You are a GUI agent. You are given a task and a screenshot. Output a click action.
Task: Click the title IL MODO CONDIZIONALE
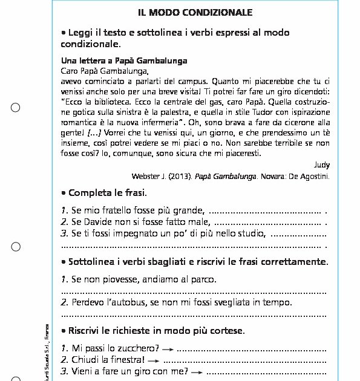195,13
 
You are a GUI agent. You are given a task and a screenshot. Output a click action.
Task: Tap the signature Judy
322,164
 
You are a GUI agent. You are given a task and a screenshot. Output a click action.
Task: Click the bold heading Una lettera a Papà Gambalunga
124,61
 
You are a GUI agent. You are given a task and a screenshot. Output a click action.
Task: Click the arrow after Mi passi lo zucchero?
168,350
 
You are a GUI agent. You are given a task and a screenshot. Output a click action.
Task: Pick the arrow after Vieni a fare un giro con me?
196,371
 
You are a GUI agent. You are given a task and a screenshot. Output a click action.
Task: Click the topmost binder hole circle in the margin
16,108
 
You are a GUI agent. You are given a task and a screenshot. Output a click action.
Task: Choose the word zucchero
140,349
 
